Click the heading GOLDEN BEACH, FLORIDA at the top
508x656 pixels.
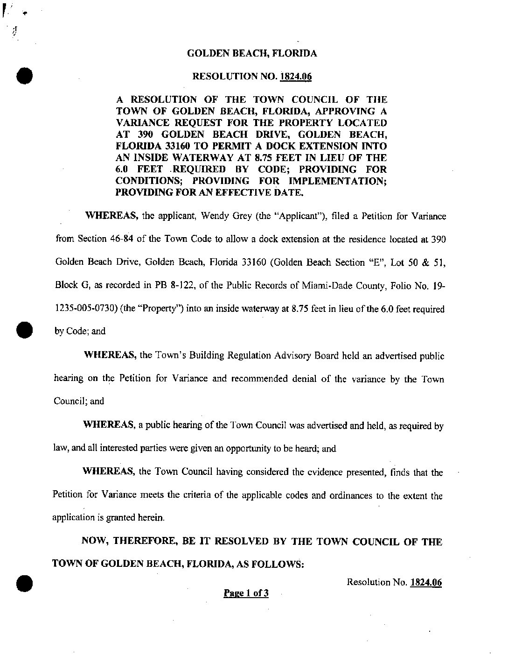pos(252,53)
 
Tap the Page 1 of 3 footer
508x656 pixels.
pos(246,593)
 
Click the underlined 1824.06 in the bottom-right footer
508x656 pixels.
pos(426,582)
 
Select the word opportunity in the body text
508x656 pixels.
pos(247,449)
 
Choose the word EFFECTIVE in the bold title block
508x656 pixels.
pos(216,192)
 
